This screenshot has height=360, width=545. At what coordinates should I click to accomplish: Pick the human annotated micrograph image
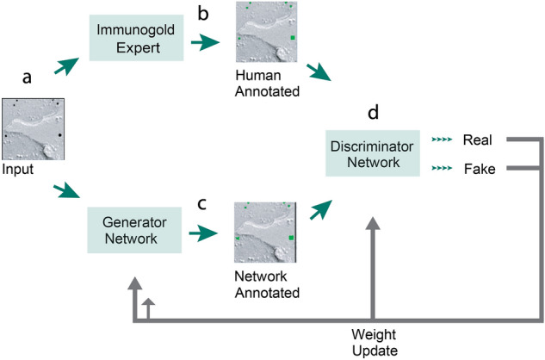pyautogui.click(x=265, y=33)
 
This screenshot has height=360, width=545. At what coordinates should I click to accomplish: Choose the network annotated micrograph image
pyautogui.click(x=265, y=233)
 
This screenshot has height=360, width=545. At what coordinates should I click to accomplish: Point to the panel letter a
pyautogui.click(x=27, y=78)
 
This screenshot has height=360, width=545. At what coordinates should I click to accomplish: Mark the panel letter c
pyautogui.click(x=225, y=203)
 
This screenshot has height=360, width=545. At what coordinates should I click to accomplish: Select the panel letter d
pyautogui.click(x=371, y=113)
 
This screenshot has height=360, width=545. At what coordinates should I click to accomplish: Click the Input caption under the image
pyautogui.click(x=19, y=170)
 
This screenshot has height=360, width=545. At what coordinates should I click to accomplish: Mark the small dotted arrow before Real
pyautogui.click(x=441, y=140)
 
